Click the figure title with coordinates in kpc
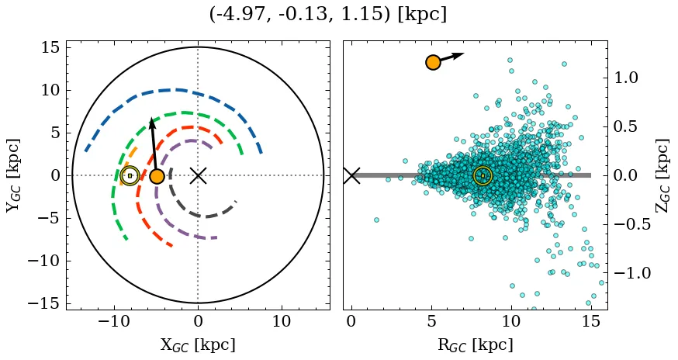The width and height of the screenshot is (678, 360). pos(328,15)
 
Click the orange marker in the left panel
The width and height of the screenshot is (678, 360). pos(157,176)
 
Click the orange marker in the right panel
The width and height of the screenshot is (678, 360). pos(433,62)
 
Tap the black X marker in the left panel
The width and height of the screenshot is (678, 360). pos(198,175)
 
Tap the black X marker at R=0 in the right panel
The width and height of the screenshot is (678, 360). pos(351,175)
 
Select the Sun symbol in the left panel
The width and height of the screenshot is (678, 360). pos(130,176)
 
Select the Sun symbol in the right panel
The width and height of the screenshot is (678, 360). pos(483,176)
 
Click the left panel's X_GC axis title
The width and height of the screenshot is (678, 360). pos(198,344)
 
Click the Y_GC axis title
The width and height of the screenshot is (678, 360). pos(13,175)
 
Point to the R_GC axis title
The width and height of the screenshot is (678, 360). pos(475,344)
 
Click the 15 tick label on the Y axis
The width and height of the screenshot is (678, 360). pos(50,48)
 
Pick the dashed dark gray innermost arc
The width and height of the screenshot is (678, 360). pos(200,215)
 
